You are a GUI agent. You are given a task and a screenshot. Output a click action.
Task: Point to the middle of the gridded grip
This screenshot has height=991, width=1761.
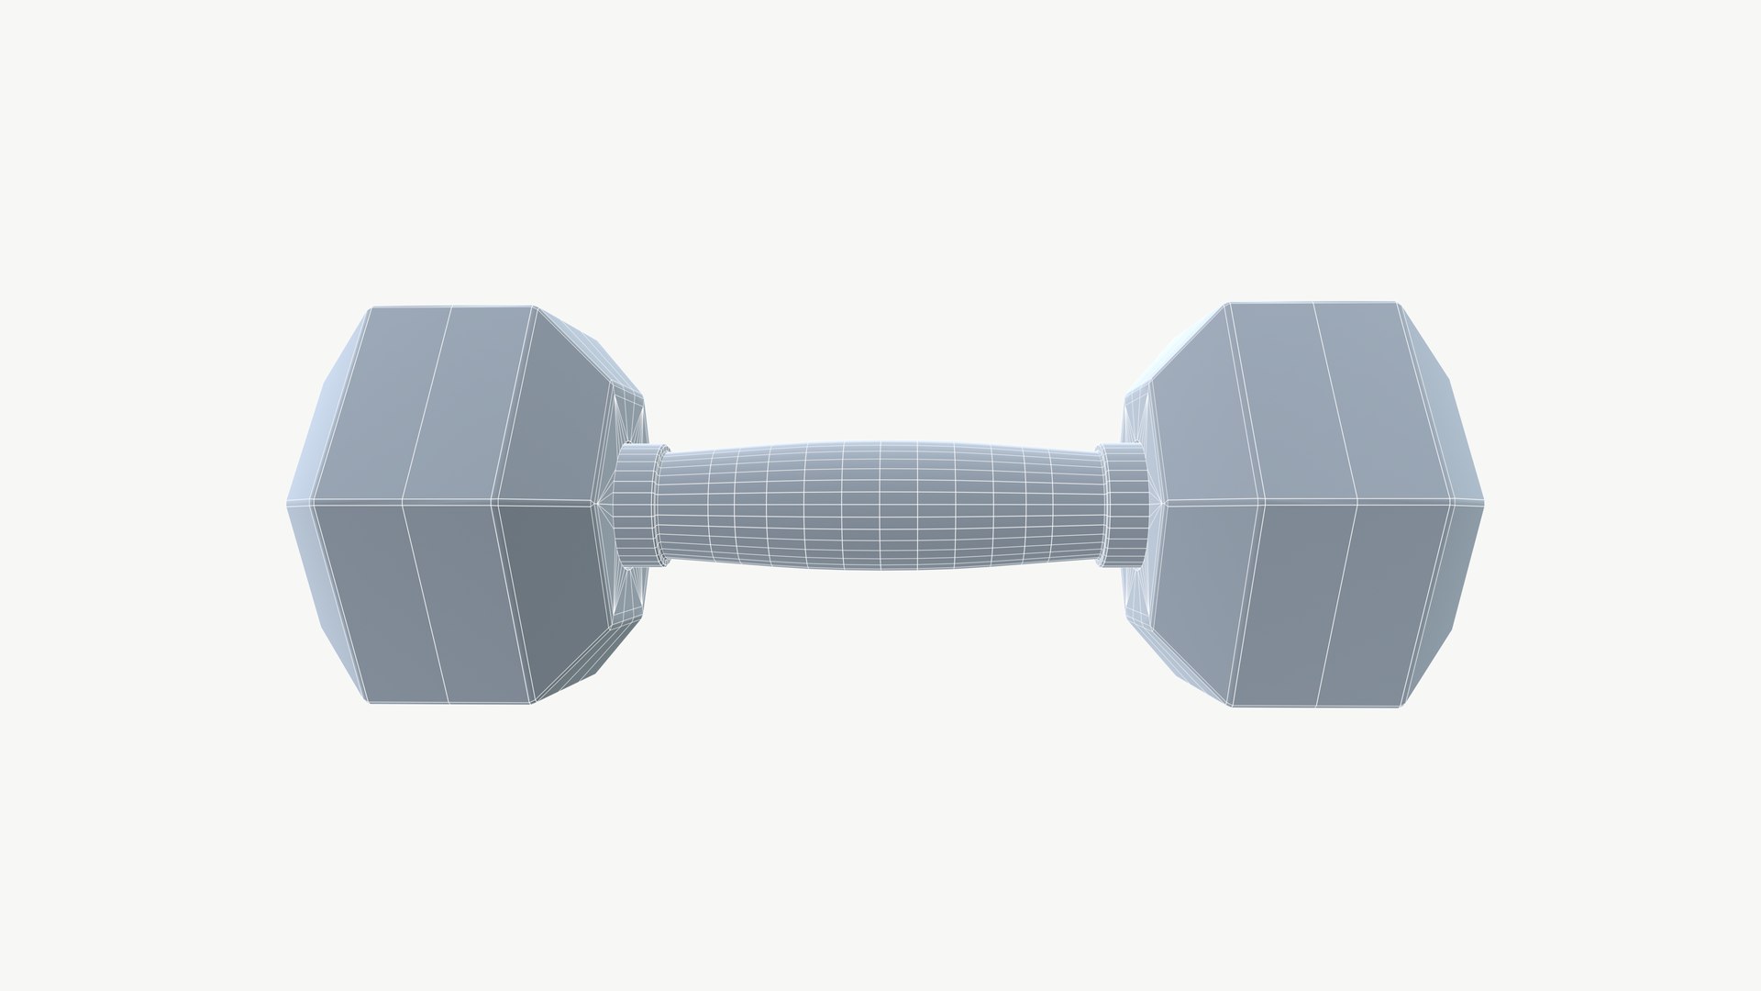point(880,504)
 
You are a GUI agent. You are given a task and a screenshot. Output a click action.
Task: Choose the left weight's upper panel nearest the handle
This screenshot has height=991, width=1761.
point(559,408)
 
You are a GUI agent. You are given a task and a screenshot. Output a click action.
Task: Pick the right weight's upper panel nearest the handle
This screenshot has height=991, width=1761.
point(1192,408)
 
